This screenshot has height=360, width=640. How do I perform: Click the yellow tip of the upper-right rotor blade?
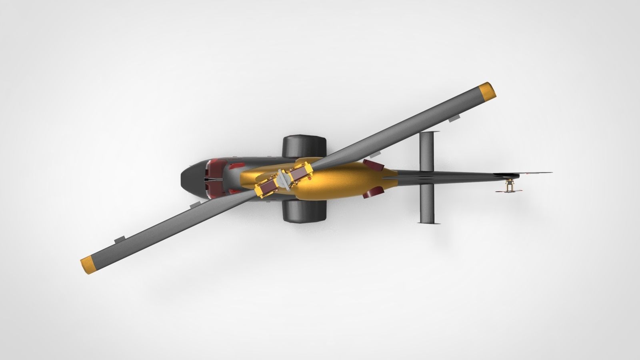click(x=487, y=92)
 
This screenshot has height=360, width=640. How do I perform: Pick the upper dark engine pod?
click(x=304, y=146)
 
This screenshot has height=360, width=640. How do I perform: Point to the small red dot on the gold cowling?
click(x=309, y=180)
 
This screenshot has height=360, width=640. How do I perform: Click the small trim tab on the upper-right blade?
click(x=454, y=119)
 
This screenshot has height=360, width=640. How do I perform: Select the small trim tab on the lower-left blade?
click(x=119, y=240)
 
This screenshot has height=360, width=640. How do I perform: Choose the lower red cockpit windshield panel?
click(x=216, y=192)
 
